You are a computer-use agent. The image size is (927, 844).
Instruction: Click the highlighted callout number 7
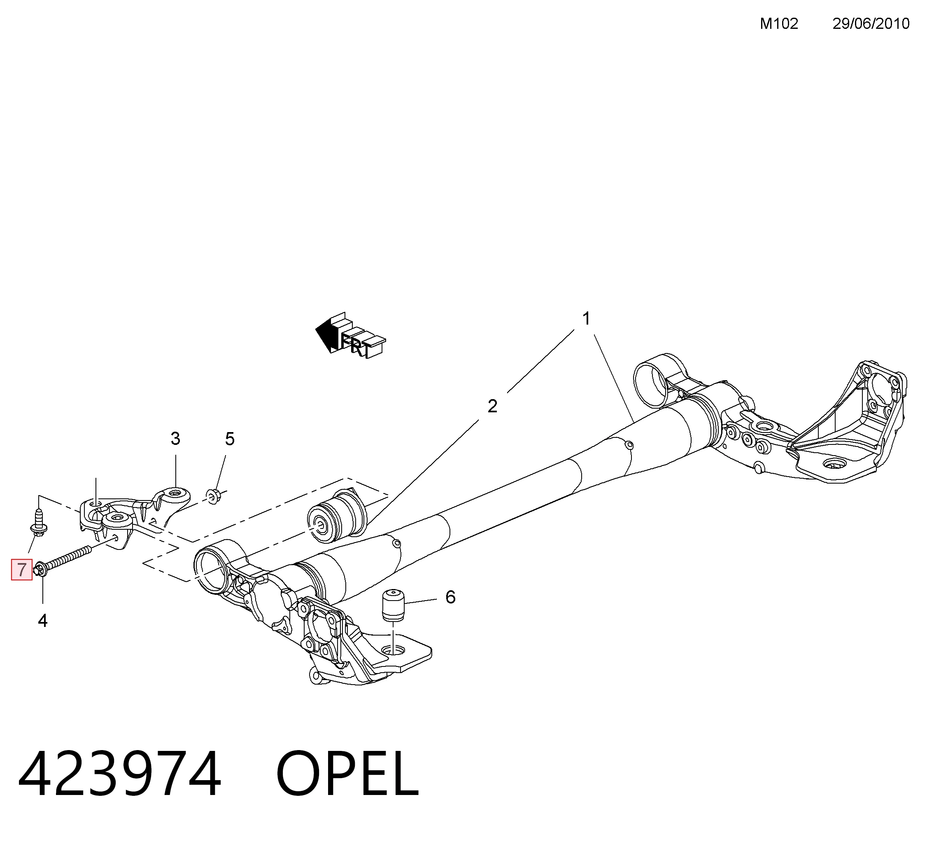[x=22, y=570]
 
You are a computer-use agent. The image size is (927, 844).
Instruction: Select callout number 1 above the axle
[x=586, y=318]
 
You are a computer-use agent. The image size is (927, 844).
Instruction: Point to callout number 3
[x=175, y=439]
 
